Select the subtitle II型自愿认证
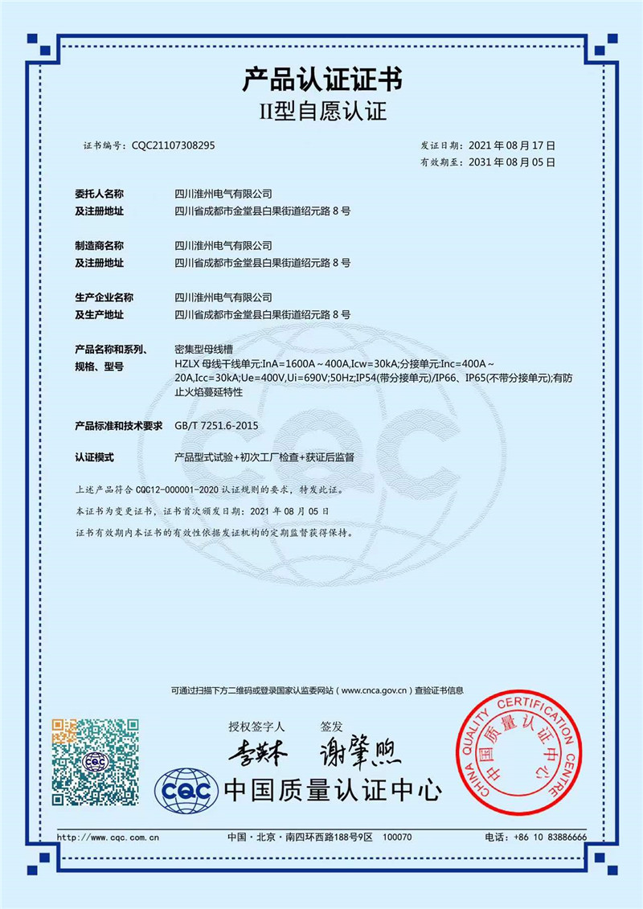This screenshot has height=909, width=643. (x=321, y=113)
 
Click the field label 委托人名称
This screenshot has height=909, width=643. (x=100, y=194)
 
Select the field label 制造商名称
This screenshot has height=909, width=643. (x=100, y=245)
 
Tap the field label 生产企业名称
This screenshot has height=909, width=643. (x=104, y=297)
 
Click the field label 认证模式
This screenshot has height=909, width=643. (x=95, y=457)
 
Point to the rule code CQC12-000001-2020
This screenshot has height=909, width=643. (x=177, y=489)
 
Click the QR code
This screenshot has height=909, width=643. (x=95, y=761)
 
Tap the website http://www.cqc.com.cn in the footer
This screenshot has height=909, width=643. (x=109, y=837)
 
